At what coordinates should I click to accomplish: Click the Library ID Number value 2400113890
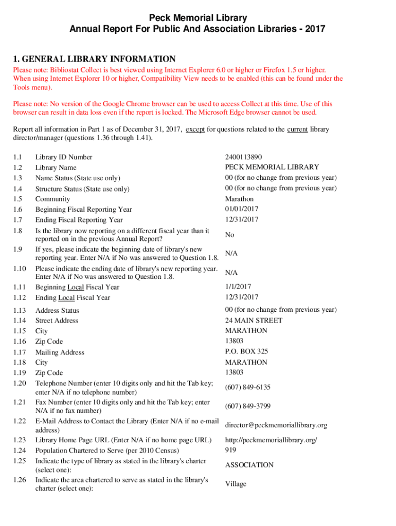243,157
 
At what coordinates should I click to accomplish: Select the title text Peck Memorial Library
198,18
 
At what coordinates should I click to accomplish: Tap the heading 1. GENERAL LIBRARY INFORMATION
94,59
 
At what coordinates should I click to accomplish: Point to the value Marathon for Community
239,199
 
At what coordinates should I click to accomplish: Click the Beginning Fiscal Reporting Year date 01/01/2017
242,209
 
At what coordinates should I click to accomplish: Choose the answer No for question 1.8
230,235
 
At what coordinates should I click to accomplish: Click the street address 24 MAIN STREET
254,321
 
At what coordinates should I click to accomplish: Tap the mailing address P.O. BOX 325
246,352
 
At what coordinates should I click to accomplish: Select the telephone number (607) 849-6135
247,387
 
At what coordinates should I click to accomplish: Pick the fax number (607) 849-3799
247,406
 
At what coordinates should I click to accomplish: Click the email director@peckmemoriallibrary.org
276,425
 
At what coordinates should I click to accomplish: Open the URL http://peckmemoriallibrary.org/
271,440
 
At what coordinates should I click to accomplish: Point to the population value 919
230,450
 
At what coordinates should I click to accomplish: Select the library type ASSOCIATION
249,465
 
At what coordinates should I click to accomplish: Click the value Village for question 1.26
236,484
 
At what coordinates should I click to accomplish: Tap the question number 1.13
20,310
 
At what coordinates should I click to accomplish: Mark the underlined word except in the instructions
195,129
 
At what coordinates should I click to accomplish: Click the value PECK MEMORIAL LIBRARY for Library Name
272,167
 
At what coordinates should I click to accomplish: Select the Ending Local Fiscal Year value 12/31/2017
242,297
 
